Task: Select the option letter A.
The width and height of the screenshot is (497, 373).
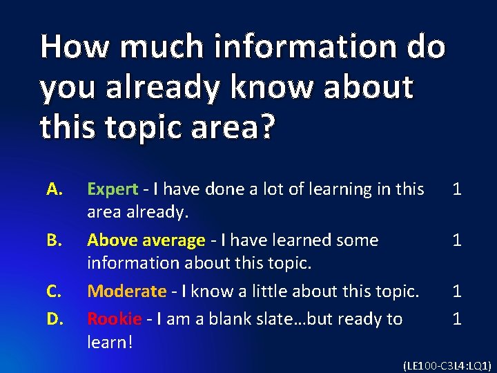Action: tap(55, 189)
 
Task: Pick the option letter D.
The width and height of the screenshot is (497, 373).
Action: tap(55, 318)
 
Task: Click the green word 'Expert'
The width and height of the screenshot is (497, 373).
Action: tap(113, 189)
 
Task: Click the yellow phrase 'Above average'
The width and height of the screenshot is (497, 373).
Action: tap(146, 240)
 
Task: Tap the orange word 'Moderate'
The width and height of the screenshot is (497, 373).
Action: tap(126, 291)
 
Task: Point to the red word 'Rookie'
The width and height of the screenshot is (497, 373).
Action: tap(114, 318)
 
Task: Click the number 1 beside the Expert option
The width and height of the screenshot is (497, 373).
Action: tap(457, 189)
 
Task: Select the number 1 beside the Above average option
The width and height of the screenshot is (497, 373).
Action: tap(457, 240)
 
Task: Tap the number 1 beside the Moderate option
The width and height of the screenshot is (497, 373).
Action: tap(457, 291)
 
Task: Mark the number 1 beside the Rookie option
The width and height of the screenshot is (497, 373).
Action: tap(457, 318)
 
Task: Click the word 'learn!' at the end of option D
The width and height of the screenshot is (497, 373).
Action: tap(109, 343)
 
